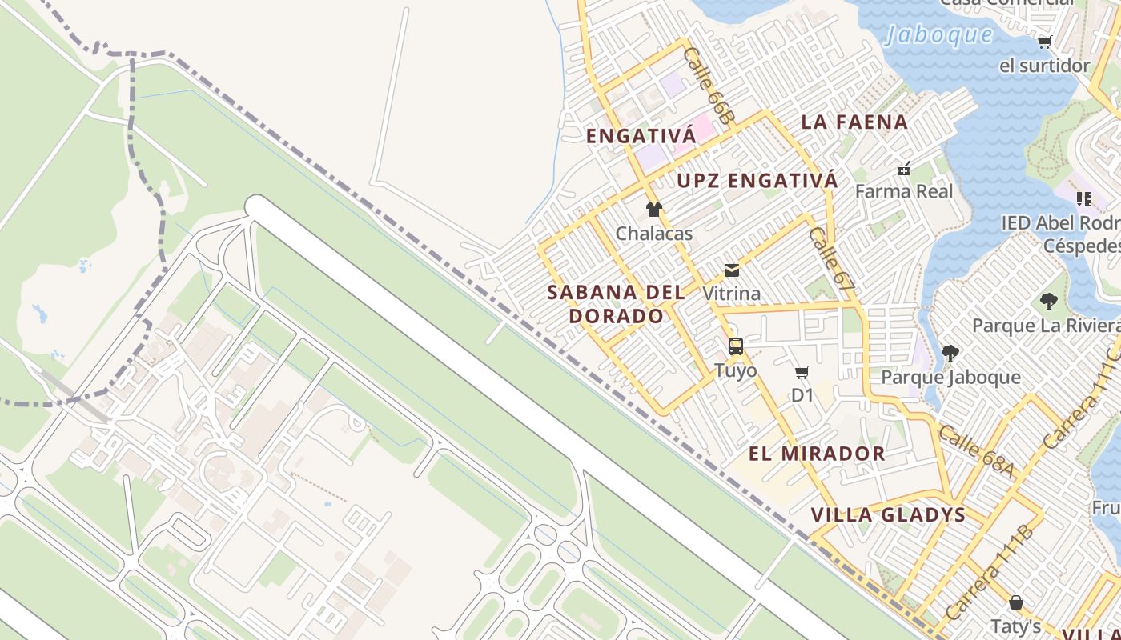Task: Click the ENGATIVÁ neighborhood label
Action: (641, 136)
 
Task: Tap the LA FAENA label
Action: (854, 122)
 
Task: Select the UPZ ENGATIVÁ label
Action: (757, 181)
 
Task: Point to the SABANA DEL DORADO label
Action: (616, 304)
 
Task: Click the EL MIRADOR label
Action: (817, 454)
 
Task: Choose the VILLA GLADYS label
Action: (888, 514)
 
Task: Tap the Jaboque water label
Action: (939, 35)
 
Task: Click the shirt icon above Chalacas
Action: (654, 210)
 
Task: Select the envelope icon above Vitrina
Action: (732, 270)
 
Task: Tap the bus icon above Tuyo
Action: (736, 346)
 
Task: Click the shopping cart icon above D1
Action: (802, 372)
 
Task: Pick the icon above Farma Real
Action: (904, 169)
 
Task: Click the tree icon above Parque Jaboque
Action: (950, 353)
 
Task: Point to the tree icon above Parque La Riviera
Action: (1048, 302)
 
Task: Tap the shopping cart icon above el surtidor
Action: (1044, 42)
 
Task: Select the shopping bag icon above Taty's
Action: (1016, 602)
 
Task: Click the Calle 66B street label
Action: (708, 86)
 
